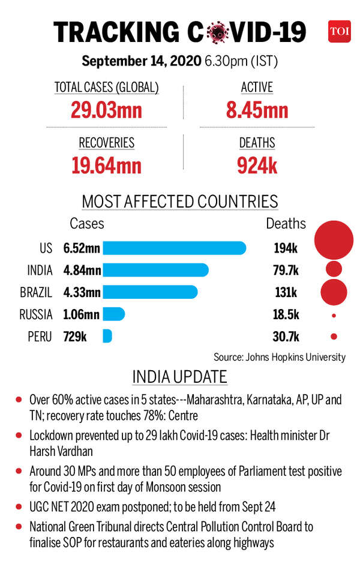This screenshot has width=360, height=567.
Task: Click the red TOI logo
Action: [x=339, y=31]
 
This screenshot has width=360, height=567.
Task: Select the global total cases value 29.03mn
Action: [x=106, y=110]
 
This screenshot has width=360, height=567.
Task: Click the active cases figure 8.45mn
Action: [x=257, y=110]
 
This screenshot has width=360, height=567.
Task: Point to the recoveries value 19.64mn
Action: [x=106, y=165]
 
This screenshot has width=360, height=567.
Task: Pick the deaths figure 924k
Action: [x=257, y=165]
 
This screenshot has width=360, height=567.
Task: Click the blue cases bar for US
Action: [x=175, y=248]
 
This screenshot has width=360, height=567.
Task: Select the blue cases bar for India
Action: [x=155, y=270]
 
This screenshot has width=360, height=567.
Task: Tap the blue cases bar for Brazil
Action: [x=150, y=292]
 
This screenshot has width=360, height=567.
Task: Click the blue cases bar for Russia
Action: [x=114, y=314]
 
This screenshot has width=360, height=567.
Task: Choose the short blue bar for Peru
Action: [x=107, y=336]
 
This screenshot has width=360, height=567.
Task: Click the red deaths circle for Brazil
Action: [x=334, y=292]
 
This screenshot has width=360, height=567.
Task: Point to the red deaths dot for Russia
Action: [x=334, y=314]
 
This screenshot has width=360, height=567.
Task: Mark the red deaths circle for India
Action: [x=334, y=269]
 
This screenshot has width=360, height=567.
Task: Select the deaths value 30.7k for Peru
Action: [x=286, y=337]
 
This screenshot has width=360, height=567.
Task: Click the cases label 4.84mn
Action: [x=82, y=270]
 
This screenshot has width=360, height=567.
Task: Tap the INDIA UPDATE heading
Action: [x=179, y=377]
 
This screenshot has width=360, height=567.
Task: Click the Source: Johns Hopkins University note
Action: [x=280, y=357]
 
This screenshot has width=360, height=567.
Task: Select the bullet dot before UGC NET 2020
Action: [x=20, y=508]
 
